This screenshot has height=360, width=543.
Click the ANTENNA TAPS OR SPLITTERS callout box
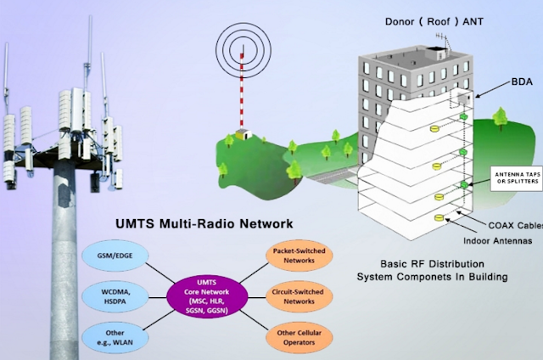click(516, 177)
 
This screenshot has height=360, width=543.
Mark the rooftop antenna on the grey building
click(443, 39)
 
